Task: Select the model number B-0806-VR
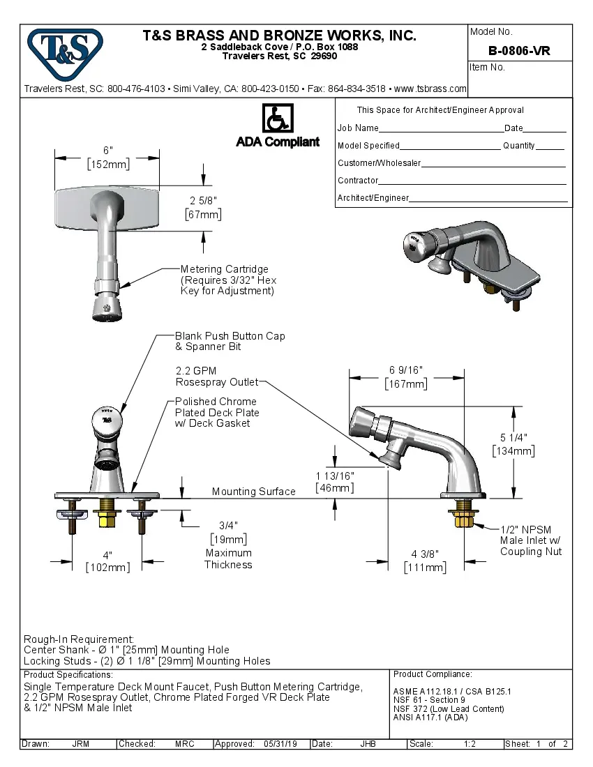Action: click(x=519, y=50)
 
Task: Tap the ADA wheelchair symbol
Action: click(x=278, y=118)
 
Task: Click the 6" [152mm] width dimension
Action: click(x=107, y=158)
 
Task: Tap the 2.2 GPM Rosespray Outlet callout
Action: click(x=216, y=377)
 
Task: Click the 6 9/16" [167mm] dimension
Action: click(x=405, y=377)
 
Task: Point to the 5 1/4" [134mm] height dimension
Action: click(x=513, y=444)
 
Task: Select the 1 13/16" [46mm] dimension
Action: click(x=335, y=482)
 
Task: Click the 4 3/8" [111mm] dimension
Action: click(x=425, y=561)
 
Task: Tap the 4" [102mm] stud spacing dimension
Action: click(x=107, y=561)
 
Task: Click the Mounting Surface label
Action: click(x=253, y=492)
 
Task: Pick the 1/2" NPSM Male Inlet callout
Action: click(x=530, y=540)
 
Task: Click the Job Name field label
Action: click(x=358, y=128)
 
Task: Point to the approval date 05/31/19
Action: click(x=280, y=744)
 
